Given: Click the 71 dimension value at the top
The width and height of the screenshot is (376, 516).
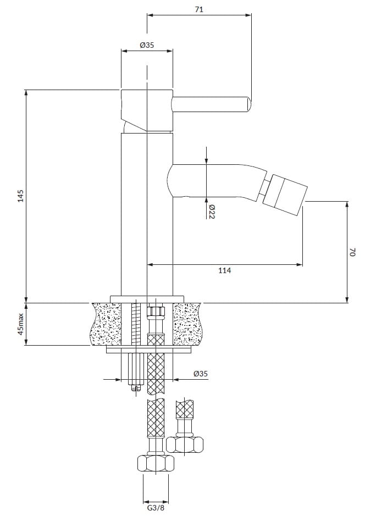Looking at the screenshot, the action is point(199,9).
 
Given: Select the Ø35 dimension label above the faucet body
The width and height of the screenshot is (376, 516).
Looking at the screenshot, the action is point(147,45).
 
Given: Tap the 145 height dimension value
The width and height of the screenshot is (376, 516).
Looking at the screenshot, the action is point(21,196).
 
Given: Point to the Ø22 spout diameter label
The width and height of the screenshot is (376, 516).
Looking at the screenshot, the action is point(212,212).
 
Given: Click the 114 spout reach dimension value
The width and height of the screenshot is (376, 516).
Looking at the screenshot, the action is point(225,270).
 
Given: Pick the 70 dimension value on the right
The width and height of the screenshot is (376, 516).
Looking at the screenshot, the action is point(352,252).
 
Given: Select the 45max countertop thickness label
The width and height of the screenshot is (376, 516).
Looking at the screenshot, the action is point(21,324).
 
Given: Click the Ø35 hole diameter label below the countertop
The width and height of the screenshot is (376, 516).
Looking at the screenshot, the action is point(201,374).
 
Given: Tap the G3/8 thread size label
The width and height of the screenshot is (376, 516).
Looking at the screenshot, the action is point(156,508).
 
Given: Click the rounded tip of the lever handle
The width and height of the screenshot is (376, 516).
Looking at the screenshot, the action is point(248,104).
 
